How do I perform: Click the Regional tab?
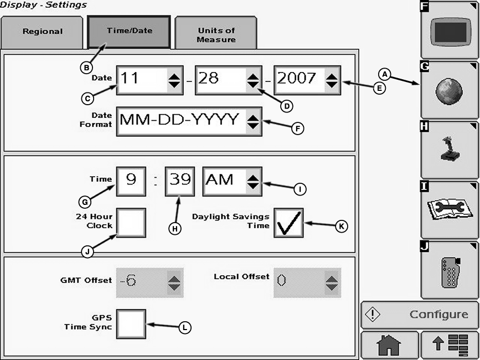(43, 32)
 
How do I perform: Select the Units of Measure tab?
(215, 34)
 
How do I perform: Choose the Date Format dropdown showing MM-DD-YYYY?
(188, 120)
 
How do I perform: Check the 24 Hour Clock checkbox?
(131, 222)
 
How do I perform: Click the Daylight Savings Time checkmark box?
(288, 223)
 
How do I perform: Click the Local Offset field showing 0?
(307, 282)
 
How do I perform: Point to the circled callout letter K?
(342, 226)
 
